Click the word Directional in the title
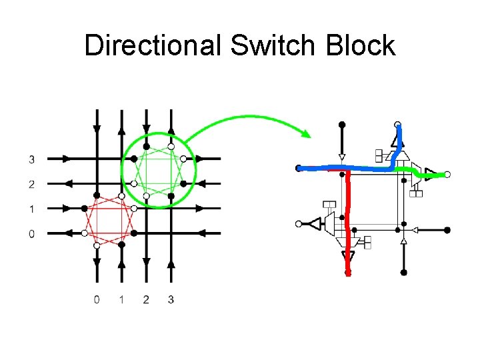pyautogui.click(x=153, y=46)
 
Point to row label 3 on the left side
pyautogui.click(x=32, y=159)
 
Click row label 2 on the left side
pyautogui.click(x=32, y=184)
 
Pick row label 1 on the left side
pyautogui.click(x=32, y=209)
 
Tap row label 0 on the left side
pyautogui.click(x=32, y=233)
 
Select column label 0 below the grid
pyautogui.click(x=97, y=299)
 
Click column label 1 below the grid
pyautogui.click(x=121, y=299)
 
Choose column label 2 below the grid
pyautogui.click(x=146, y=299)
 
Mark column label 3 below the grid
pyautogui.click(x=171, y=299)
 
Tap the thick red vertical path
pyautogui.click(x=347, y=220)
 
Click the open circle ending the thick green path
pyautogui.click(x=447, y=175)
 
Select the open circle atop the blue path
pyautogui.click(x=398, y=124)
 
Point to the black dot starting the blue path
pyautogui.click(x=299, y=168)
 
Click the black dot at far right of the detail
pyautogui.click(x=447, y=230)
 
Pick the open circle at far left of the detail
pyautogui.click(x=299, y=223)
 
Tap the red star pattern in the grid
pyautogui.click(x=109, y=221)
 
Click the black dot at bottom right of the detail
pyautogui.click(x=403, y=272)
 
